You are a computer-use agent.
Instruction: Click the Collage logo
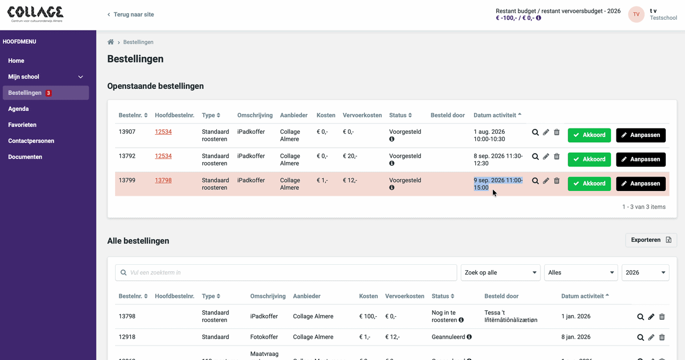35,14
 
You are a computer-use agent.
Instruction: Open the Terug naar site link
131,14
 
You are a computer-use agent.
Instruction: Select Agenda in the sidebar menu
18,109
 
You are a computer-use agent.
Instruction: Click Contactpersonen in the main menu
31,141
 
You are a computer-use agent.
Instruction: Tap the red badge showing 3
48,93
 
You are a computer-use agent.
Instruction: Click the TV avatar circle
636,14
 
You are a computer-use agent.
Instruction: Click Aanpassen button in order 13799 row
641,183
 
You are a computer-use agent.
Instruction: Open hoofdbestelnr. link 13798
163,180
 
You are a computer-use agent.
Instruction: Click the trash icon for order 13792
557,157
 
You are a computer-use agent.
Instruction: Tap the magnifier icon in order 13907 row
535,132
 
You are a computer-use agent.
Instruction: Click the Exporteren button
651,240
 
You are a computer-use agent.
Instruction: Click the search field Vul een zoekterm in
286,273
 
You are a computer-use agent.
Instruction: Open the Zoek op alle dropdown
500,273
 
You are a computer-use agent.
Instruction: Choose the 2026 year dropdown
645,273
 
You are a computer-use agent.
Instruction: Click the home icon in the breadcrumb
111,42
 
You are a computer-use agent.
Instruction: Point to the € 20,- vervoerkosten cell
350,156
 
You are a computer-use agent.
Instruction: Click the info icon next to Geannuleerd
469,337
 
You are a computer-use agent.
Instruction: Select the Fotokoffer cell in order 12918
264,337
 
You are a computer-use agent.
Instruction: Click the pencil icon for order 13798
651,317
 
